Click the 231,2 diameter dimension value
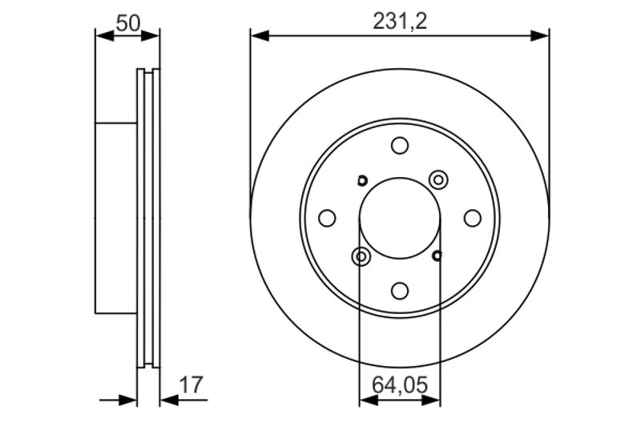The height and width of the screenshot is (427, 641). pos(400,22)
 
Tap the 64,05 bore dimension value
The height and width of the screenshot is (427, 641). pos(400,385)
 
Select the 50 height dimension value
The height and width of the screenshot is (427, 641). pos(128,23)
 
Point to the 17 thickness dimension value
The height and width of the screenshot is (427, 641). pos(191,385)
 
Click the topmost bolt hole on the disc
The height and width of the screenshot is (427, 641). pos(400,146)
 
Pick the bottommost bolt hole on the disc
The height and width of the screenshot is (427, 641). pos(400,291)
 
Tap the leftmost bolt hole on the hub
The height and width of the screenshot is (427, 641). pos(327,218)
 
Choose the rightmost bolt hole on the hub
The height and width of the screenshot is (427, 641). pos(473,218)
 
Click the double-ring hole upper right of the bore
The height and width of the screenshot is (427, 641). pos(438,179)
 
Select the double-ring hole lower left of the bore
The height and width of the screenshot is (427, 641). pos(361,256)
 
